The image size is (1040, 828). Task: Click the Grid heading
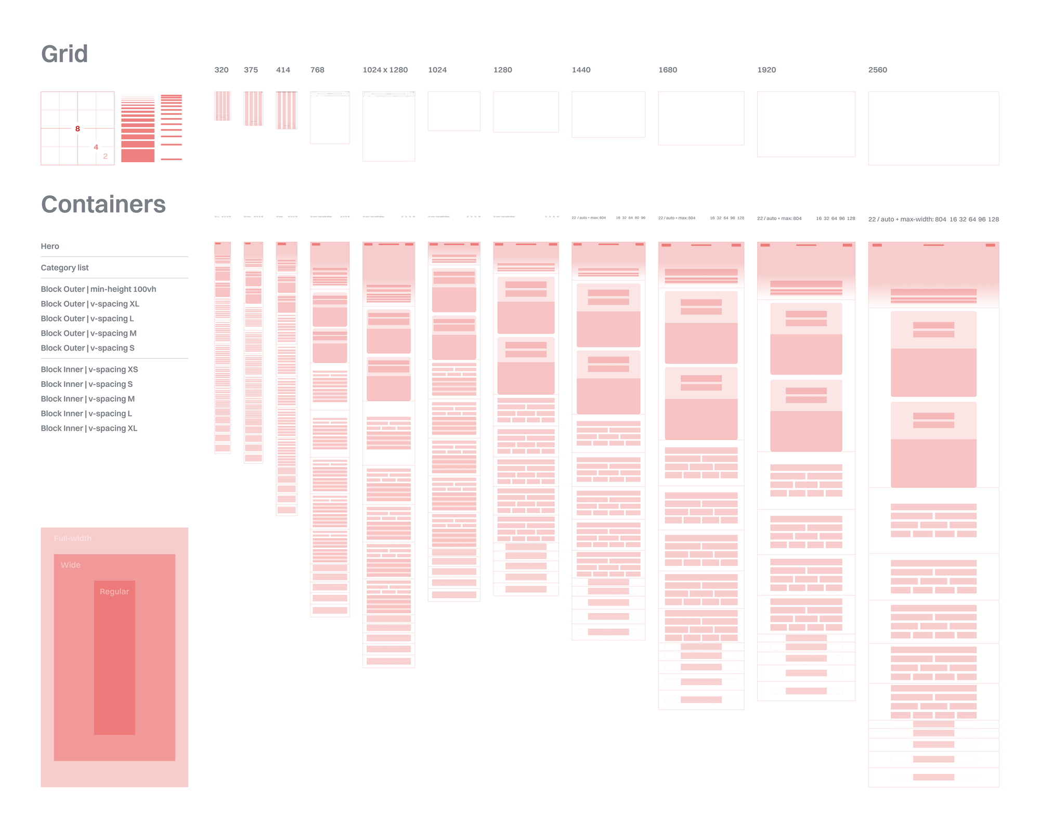click(64, 54)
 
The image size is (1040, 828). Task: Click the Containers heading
click(103, 204)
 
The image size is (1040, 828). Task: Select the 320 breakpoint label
click(221, 70)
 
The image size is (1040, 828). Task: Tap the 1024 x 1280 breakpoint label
click(385, 70)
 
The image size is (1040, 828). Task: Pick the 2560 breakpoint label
click(877, 70)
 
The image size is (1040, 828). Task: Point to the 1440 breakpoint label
click(581, 70)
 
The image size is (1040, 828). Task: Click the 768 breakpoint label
click(317, 70)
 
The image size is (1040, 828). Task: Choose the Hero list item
click(50, 246)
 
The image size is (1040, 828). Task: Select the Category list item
click(64, 267)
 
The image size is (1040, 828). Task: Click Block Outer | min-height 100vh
click(98, 289)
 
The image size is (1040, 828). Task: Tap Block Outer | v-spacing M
click(88, 333)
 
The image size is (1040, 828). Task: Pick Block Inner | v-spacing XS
click(89, 369)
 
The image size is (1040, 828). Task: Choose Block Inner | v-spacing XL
click(89, 428)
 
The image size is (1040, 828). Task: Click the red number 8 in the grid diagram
click(77, 128)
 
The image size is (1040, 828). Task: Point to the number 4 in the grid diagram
click(96, 147)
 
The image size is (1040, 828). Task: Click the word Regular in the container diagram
click(114, 591)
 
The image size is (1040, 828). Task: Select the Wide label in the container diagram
click(70, 565)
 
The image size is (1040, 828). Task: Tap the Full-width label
click(72, 538)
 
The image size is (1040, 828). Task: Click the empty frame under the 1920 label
click(805, 124)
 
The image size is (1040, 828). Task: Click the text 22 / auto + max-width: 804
click(907, 219)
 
